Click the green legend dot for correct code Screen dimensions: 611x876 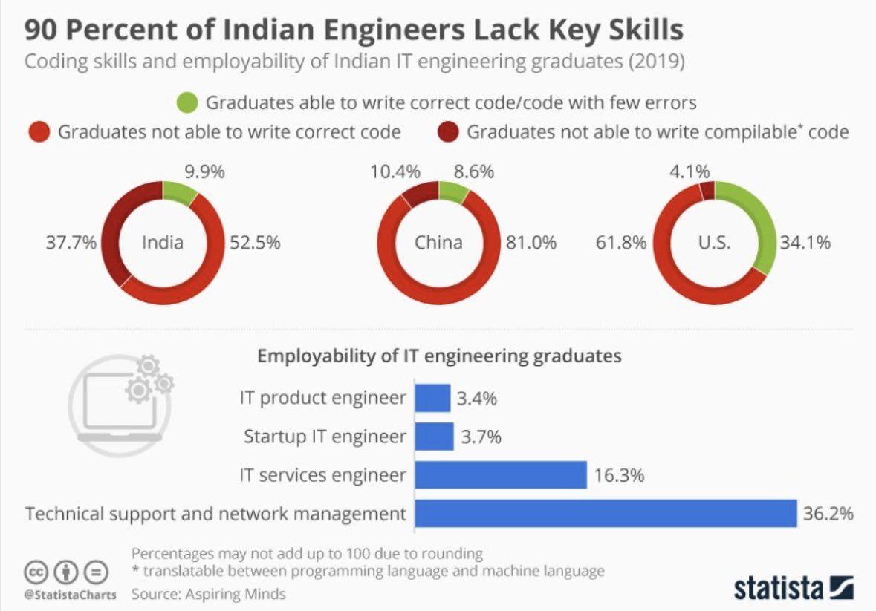[x=188, y=102]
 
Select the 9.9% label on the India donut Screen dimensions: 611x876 [x=204, y=172]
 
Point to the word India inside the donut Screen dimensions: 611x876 [x=162, y=243]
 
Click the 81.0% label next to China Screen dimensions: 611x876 [x=531, y=243]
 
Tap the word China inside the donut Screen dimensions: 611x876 [x=438, y=243]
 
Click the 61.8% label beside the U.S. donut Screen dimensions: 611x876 [x=620, y=243]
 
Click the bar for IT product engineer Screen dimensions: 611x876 [x=432, y=398]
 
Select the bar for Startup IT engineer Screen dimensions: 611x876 [x=434, y=437]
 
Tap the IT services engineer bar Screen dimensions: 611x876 [x=501, y=475]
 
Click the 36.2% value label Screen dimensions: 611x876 [x=828, y=514]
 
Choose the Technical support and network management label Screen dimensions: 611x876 [x=215, y=514]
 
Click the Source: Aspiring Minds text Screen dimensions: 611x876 [x=209, y=594]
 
